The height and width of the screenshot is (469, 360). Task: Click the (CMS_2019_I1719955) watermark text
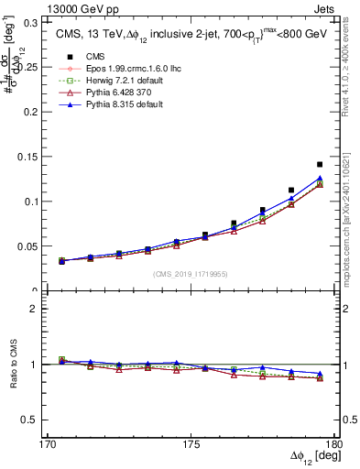(x=191, y=274)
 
